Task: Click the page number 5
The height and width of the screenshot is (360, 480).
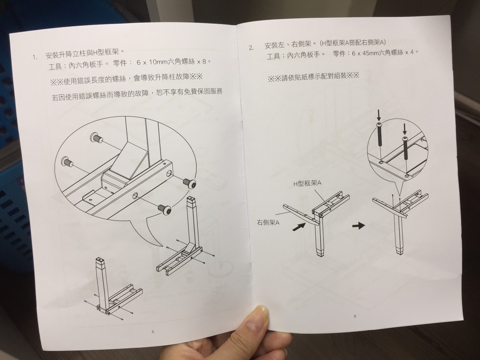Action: (x=153, y=331)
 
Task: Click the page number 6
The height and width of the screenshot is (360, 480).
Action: (x=355, y=316)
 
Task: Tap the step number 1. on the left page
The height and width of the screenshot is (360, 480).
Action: (x=36, y=57)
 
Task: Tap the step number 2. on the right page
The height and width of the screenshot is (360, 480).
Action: (x=251, y=48)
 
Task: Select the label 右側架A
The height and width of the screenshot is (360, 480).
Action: (x=268, y=222)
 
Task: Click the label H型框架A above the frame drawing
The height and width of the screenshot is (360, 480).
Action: (x=307, y=183)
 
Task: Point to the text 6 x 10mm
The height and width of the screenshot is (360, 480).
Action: (x=151, y=62)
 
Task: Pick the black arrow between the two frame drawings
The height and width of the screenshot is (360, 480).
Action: (x=359, y=225)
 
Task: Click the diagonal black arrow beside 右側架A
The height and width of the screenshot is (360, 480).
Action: (x=299, y=227)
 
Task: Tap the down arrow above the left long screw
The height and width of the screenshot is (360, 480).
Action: (x=379, y=115)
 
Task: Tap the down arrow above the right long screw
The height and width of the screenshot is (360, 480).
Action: (x=405, y=129)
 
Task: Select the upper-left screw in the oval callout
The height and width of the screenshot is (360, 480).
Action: (x=97, y=137)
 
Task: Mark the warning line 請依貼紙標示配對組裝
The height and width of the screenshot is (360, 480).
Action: (x=313, y=76)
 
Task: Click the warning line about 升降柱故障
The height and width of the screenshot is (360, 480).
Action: (x=127, y=79)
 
